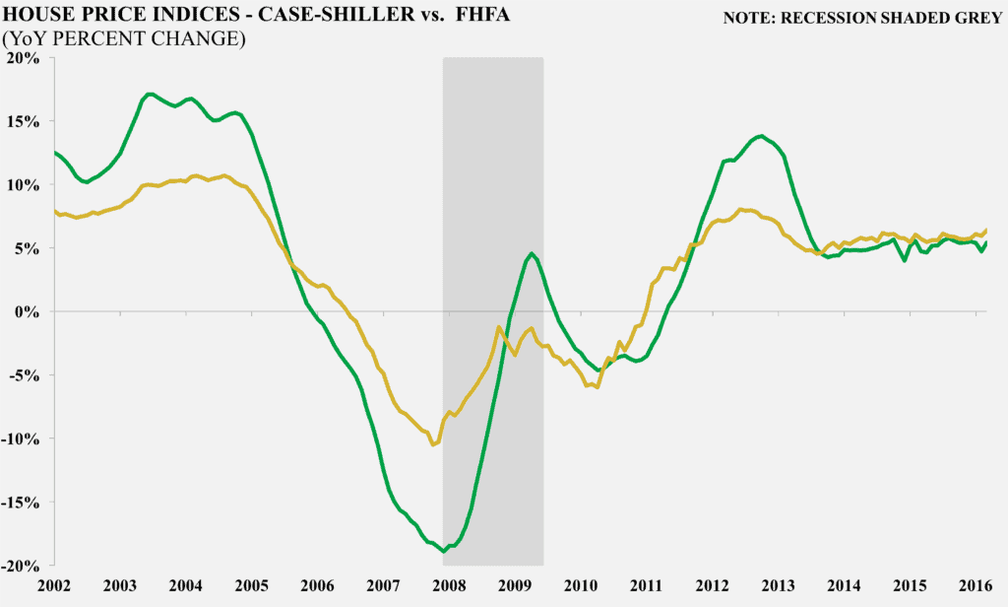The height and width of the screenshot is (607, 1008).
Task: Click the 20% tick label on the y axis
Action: click(x=22, y=58)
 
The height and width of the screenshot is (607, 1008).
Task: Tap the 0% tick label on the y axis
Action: click(x=27, y=312)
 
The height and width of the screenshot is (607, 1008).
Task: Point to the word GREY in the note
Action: click(x=976, y=18)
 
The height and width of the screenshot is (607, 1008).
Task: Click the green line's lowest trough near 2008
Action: click(x=444, y=551)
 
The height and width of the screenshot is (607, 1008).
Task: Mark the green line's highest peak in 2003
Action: click(x=150, y=94)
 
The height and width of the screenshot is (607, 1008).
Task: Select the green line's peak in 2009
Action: click(x=532, y=253)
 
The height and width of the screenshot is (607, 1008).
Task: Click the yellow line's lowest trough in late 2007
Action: click(x=432, y=444)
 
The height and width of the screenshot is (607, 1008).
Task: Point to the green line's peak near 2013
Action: click(x=761, y=136)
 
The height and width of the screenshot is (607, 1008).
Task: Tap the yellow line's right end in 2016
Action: click(x=986, y=231)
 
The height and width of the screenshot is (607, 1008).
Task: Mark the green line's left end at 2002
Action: click(x=55, y=152)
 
